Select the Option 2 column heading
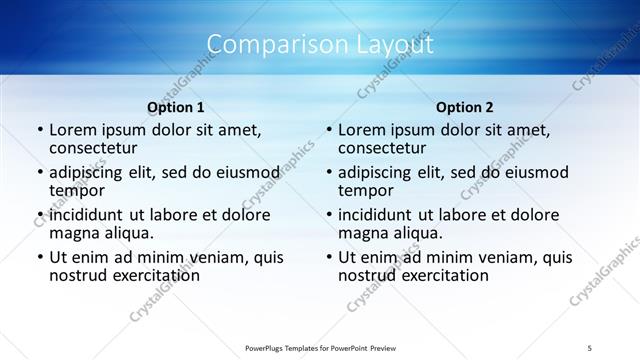[464, 107]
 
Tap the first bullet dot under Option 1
[39, 130]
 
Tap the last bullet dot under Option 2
[328, 257]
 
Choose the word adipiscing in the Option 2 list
[377, 172]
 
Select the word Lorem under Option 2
[363, 130]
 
